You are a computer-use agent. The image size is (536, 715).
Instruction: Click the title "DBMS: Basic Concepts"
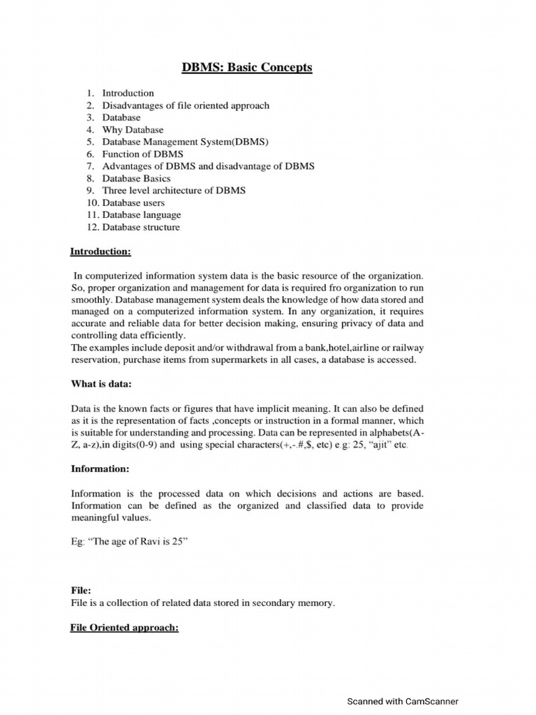(x=247, y=68)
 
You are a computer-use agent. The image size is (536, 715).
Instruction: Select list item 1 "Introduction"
(x=128, y=93)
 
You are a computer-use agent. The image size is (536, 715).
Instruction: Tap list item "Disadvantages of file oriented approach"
(x=185, y=105)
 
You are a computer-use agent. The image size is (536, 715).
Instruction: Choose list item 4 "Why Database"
(x=133, y=130)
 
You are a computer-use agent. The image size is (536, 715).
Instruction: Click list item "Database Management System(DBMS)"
(x=185, y=142)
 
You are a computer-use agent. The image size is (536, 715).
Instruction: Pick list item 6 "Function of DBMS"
(x=142, y=154)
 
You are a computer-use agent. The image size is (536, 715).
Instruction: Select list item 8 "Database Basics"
(x=136, y=178)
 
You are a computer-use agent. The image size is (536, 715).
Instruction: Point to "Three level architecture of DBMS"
(x=174, y=190)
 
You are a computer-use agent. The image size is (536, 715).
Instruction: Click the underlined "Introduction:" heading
(x=100, y=251)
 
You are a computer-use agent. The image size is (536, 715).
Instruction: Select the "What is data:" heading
(x=101, y=383)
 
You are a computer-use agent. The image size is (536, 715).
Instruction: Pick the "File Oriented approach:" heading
(x=125, y=628)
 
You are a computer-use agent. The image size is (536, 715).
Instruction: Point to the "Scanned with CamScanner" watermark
(x=403, y=702)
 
